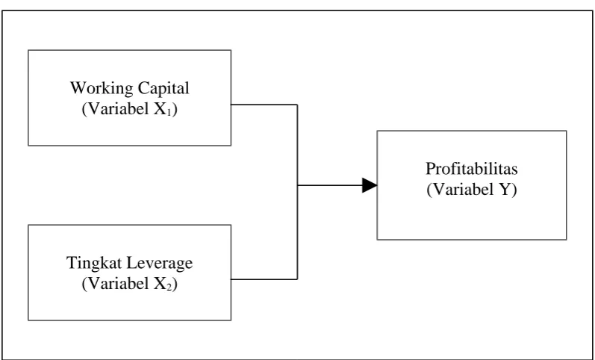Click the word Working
[x=102, y=89]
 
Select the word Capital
[x=163, y=88]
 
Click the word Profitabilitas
[x=472, y=169]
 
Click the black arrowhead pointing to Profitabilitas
[x=370, y=185]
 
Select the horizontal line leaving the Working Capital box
[x=264, y=105]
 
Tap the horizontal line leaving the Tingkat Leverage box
[x=264, y=279]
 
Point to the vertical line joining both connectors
[x=297, y=192]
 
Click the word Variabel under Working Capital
[x=115, y=110]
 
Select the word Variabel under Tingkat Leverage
[x=115, y=285]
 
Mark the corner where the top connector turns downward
[x=297, y=105]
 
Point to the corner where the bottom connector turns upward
[x=297, y=279]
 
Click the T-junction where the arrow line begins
[x=297, y=185]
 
